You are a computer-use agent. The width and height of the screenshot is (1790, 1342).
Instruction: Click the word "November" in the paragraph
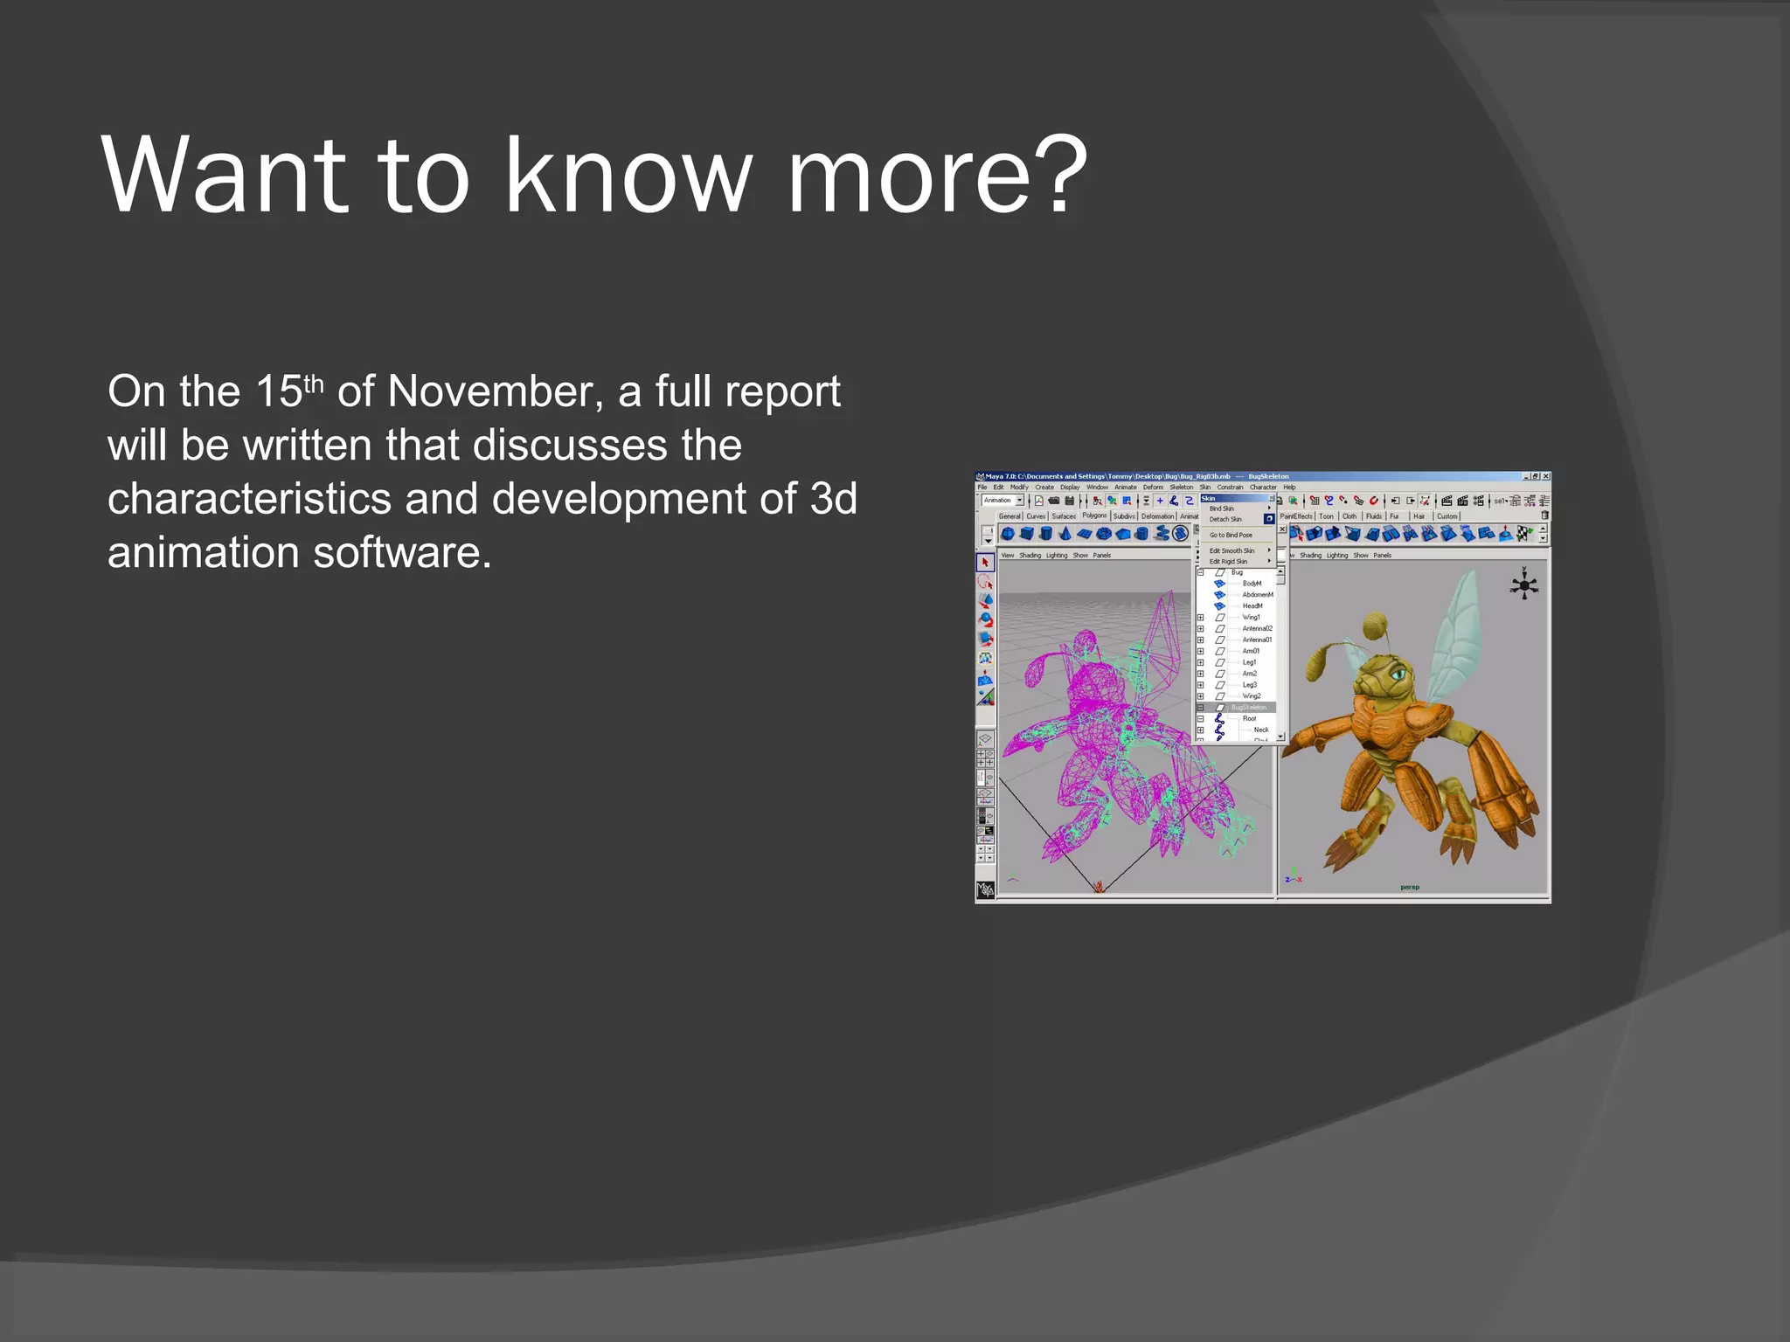click(495, 391)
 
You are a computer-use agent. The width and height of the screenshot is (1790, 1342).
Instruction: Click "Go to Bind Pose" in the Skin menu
click(1231, 535)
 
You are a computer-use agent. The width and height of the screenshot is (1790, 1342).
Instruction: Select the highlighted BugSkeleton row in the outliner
click(1247, 707)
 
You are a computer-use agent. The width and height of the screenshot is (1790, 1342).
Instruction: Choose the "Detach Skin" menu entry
click(1225, 519)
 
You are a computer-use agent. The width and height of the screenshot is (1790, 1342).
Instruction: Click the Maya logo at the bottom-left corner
click(985, 889)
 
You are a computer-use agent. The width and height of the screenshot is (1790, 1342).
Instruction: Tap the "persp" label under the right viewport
click(1410, 887)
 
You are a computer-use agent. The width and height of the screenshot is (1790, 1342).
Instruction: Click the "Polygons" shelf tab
click(1094, 515)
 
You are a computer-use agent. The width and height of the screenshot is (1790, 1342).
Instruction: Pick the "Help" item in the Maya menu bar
click(1289, 487)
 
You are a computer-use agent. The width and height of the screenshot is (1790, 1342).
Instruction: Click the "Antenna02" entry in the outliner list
click(1257, 628)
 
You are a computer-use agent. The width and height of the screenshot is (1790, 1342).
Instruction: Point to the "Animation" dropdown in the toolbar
click(1002, 501)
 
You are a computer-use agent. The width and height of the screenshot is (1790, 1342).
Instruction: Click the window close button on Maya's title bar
click(1545, 476)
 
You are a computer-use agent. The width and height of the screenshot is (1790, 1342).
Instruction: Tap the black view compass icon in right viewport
click(1524, 585)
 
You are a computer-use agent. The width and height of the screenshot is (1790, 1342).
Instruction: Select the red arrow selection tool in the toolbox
click(985, 562)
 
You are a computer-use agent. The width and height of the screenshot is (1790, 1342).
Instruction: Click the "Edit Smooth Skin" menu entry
click(1231, 550)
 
